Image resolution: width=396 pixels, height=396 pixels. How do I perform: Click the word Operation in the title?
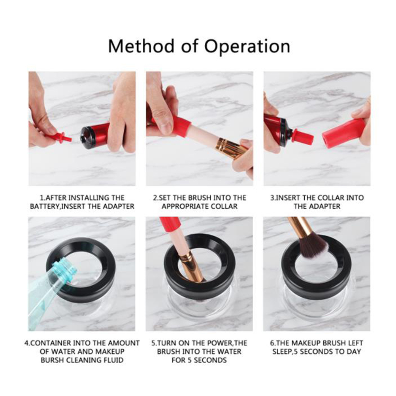point(247,47)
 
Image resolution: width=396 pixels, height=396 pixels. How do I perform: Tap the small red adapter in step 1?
point(58,137)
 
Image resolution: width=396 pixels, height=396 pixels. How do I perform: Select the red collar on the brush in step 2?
point(181,125)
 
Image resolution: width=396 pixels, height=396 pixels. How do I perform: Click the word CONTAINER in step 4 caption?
point(50,343)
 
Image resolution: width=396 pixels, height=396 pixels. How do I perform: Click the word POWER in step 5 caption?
point(220,343)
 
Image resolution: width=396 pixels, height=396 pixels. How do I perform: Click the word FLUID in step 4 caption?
point(114,360)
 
